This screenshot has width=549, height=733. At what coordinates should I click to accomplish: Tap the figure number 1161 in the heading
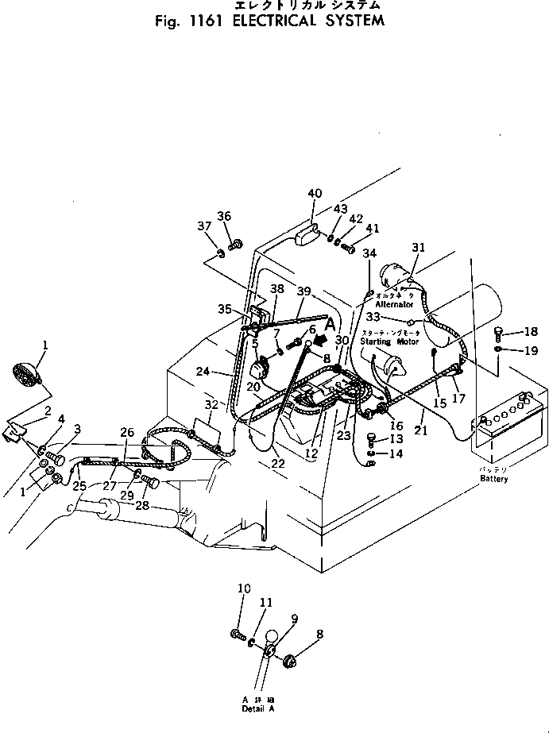click(204, 21)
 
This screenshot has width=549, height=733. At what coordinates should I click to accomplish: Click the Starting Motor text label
click(389, 341)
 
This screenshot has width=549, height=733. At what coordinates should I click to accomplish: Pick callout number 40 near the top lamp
click(315, 193)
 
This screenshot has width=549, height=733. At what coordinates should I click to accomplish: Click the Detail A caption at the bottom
click(258, 704)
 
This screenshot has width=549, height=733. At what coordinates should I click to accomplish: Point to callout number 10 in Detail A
click(244, 588)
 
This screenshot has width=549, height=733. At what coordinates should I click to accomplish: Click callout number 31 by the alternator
click(418, 249)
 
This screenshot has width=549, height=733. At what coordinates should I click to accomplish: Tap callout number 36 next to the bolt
click(224, 217)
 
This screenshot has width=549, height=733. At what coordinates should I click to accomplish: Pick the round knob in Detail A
click(273, 636)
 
